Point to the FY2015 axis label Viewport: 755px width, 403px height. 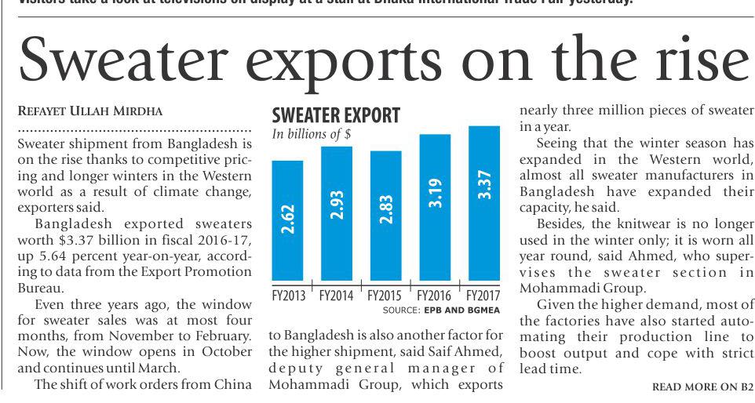(x=385, y=296)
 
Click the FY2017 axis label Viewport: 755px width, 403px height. (x=483, y=296)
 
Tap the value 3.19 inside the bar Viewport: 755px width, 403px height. (x=436, y=193)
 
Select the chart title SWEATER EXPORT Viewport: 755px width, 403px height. (x=335, y=116)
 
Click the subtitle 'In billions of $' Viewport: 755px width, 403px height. (x=311, y=134)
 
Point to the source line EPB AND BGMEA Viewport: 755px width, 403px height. (x=458, y=310)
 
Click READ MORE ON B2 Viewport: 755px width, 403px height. (x=702, y=387)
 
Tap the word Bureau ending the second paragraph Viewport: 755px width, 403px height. (x=40, y=288)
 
